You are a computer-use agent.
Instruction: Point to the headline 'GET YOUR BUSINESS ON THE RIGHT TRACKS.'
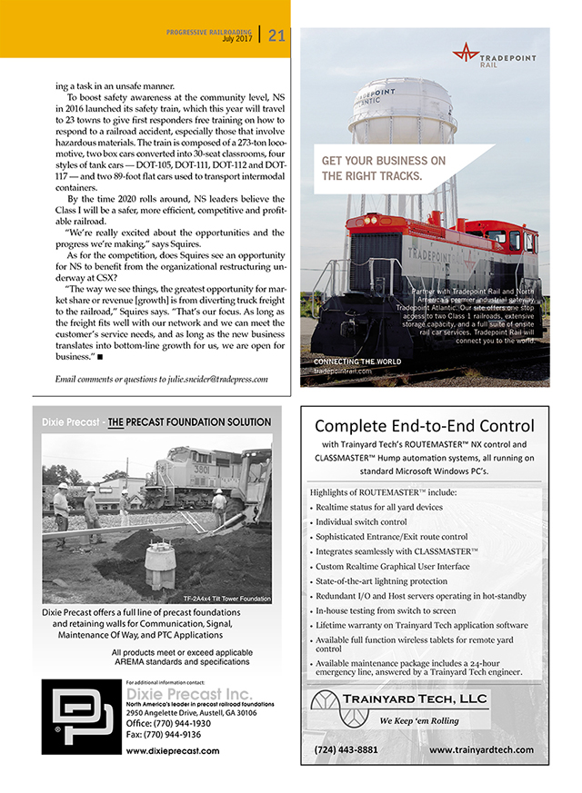(383, 168)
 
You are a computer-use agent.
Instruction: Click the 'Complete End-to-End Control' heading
(425, 425)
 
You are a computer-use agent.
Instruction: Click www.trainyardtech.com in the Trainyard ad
(481, 749)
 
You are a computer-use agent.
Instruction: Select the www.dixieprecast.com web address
(173, 751)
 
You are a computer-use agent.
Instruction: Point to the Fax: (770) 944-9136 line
(165, 734)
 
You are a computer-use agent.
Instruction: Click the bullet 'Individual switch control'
(360, 522)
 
